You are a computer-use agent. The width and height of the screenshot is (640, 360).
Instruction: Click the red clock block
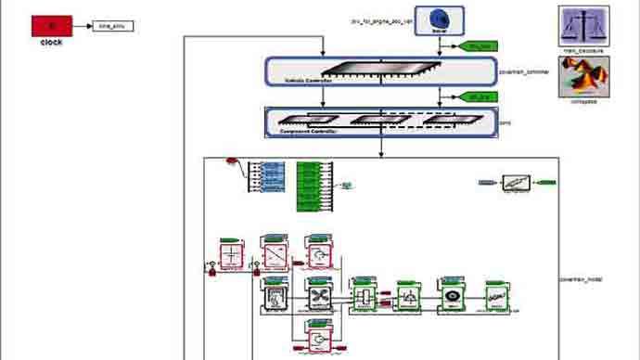point(52,26)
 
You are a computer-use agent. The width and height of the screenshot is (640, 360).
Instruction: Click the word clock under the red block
point(52,43)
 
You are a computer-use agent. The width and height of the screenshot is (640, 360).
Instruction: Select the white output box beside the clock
point(114,26)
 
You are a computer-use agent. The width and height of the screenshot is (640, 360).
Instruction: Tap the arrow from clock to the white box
point(83,26)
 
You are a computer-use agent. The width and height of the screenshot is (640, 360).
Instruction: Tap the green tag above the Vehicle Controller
point(480,45)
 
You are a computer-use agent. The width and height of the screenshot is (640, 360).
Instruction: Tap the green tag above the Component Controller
point(480,96)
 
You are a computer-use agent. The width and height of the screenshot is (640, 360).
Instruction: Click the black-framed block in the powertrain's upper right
point(516,184)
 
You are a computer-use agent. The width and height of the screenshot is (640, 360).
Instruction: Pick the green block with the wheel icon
point(450,296)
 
